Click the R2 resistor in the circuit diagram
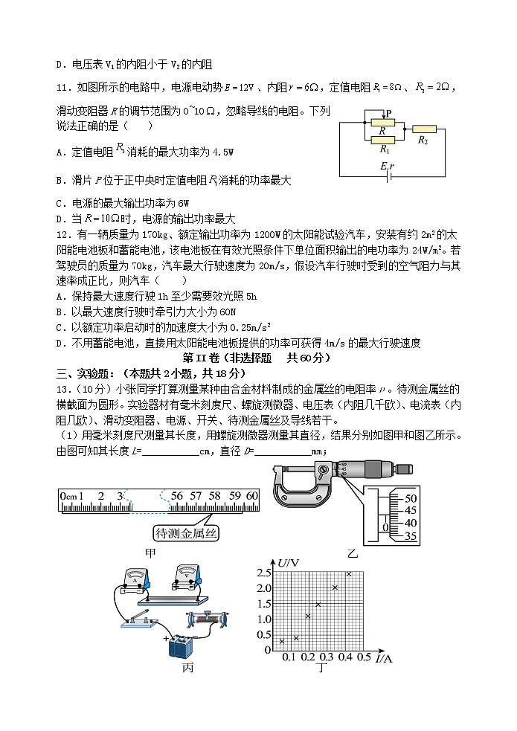pos(424,129)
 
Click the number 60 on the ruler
pos(251,496)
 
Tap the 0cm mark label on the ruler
pos(70,496)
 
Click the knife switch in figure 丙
pos(141,619)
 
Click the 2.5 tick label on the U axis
pos(263,573)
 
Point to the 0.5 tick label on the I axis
pos(364,657)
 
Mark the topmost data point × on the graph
pos(348,573)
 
